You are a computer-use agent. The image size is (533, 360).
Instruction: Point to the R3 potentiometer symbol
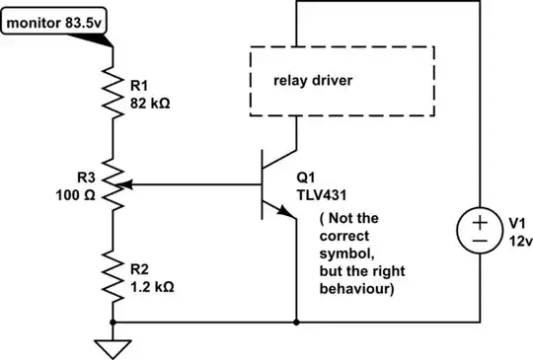click(114, 183)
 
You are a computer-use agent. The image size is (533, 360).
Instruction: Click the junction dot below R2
click(114, 322)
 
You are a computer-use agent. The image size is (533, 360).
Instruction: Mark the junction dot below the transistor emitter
click(296, 322)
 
